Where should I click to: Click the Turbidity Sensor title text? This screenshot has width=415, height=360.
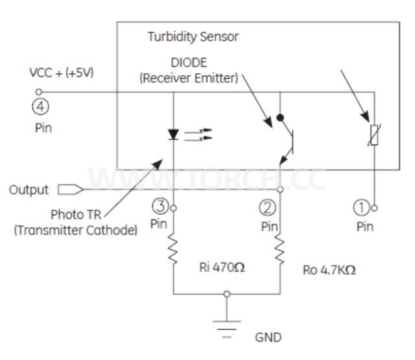193,37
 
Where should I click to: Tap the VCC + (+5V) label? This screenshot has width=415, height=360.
62,73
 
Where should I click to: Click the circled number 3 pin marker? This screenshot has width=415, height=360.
160,206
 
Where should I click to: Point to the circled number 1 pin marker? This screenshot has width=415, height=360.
361,207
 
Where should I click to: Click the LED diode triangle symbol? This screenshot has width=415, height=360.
173,135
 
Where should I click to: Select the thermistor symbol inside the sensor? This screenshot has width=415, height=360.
373,135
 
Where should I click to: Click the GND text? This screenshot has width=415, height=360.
268,338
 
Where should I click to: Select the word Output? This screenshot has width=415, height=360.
29,190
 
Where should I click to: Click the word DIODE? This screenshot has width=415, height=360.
189,64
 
